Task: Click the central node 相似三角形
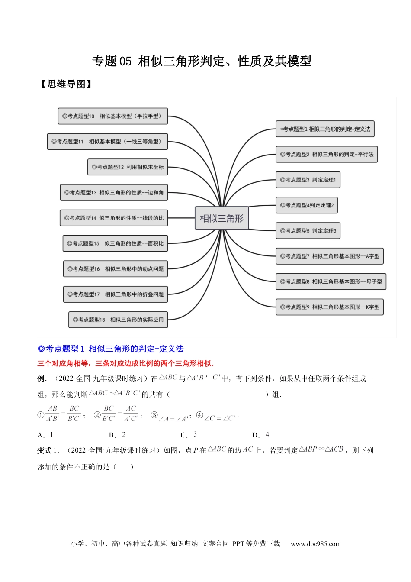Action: coord(222,218)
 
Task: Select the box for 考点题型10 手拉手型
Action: coord(112,116)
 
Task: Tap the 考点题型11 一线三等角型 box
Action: coord(107,142)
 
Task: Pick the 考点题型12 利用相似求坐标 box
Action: coord(128,167)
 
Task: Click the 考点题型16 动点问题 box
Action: coord(116,269)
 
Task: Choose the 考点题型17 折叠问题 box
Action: coord(116,294)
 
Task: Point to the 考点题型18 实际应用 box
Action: coord(118,320)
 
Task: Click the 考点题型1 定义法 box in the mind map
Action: coord(325,129)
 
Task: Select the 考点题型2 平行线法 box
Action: coord(327,154)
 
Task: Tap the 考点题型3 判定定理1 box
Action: coord(308,180)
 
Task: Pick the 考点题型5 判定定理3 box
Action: coord(308,231)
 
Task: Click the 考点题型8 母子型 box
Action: coord(331,281)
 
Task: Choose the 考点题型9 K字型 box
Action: coord(330,307)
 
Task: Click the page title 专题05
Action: coord(202,61)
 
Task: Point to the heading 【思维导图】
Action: coord(66,84)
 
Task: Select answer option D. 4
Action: coord(261,435)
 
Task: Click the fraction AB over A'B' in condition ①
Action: coord(53,414)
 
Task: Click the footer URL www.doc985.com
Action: coord(315,544)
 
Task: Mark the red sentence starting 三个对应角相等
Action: coord(125,363)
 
